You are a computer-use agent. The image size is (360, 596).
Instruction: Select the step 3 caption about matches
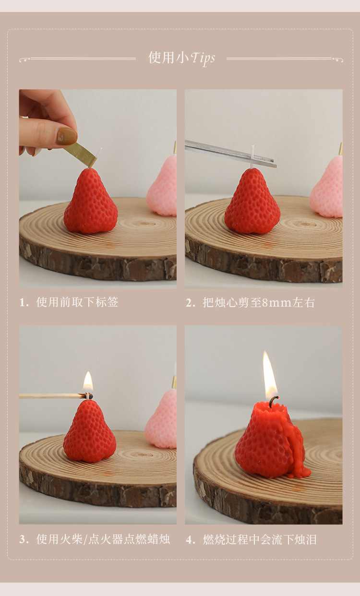click(95, 539)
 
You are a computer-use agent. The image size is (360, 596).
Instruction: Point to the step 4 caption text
click(252, 539)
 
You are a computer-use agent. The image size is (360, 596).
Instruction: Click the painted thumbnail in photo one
click(66, 136)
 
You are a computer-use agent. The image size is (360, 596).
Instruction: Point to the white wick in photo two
click(252, 156)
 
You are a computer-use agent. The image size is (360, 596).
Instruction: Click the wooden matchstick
click(53, 396)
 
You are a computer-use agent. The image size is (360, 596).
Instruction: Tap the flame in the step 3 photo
click(88, 382)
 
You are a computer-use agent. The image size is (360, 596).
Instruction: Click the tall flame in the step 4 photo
click(270, 374)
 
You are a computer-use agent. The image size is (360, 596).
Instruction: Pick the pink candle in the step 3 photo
click(162, 420)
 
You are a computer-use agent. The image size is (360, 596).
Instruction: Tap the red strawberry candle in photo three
click(89, 432)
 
